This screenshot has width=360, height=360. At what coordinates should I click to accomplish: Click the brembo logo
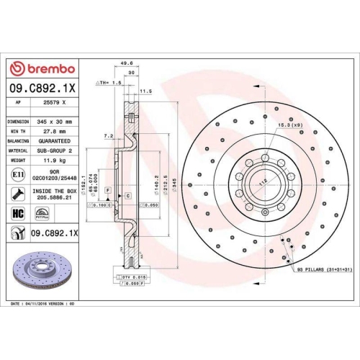pos(41,68)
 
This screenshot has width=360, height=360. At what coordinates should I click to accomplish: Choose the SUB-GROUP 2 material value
pos(55,152)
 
